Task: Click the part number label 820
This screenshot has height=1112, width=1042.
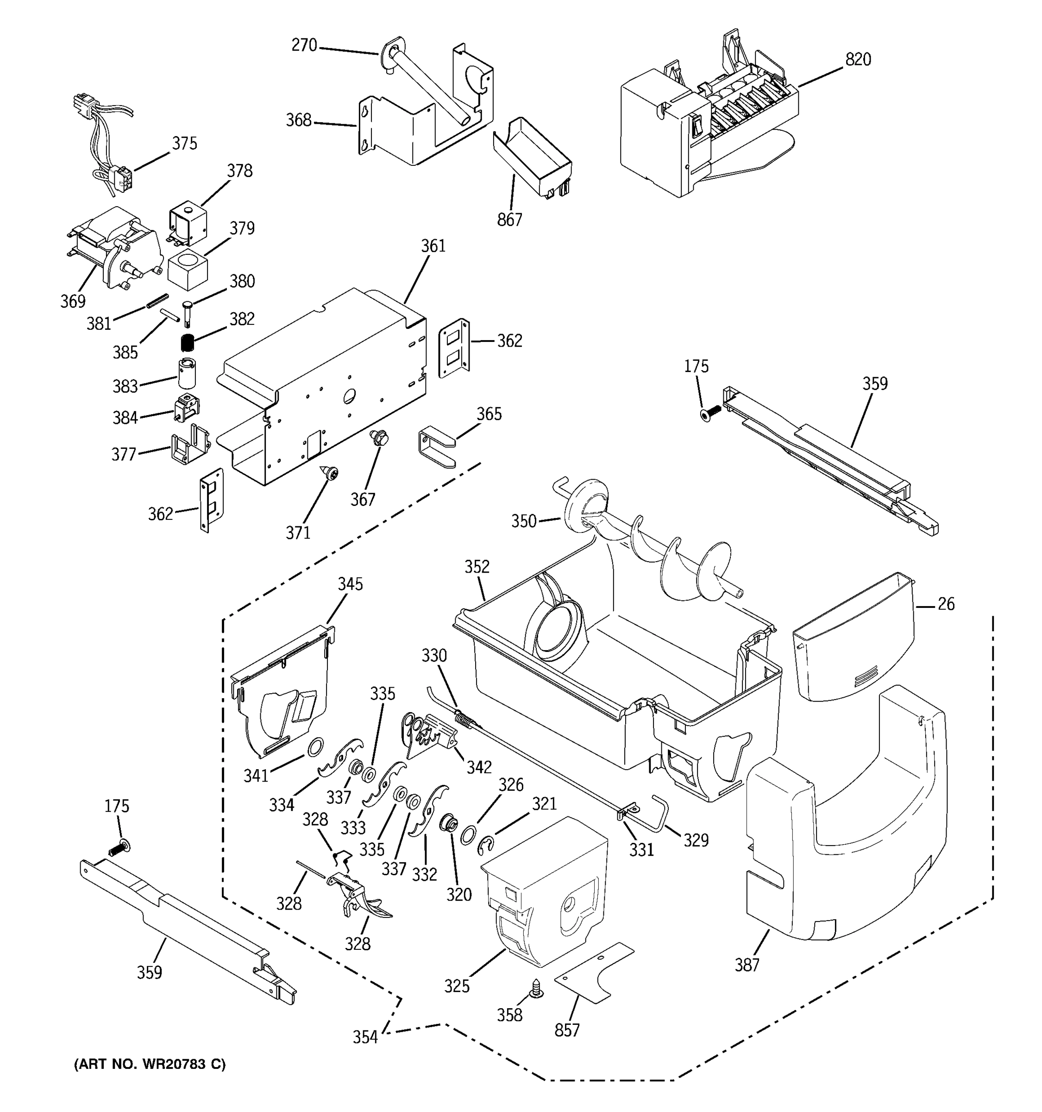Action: [x=858, y=59]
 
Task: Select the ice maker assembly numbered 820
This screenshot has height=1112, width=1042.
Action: [x=704, y=129]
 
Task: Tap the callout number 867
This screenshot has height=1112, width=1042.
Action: [x=509, y=220]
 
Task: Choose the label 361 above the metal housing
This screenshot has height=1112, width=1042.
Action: [x=433, y=246]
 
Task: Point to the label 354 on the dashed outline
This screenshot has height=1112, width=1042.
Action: [x=365, y=1037]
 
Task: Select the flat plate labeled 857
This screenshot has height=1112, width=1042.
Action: [x=594, y=972]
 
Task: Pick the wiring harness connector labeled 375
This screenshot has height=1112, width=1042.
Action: [x=120, y=178]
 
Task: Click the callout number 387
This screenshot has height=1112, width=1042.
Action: [x=747, y=964]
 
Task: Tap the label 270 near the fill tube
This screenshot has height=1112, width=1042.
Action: [x=304, y=45]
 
